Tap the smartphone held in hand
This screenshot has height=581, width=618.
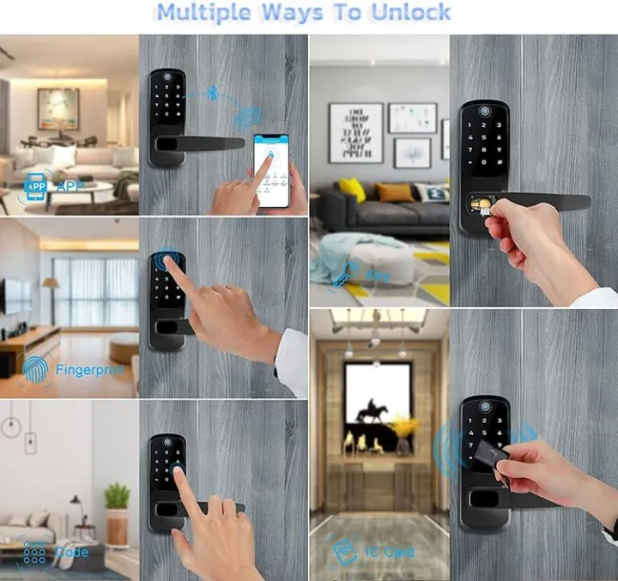click(x=272, y=170)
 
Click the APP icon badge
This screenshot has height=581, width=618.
click(x=36, y=185)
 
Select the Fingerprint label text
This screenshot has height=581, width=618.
click(x=89, y=370)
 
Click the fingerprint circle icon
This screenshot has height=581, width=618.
click(x=35, y=369)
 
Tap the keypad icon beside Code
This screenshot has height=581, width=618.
click(x=34, y=552)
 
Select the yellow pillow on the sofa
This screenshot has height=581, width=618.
click(x=351, y=190)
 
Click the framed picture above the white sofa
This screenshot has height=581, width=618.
click(x=58, y=109)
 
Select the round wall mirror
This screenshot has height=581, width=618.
click(x=10, y=427)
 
